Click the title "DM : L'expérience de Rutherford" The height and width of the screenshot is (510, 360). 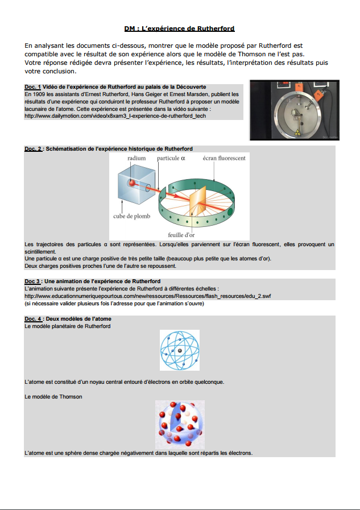pyautogui.click(x=179, y=28)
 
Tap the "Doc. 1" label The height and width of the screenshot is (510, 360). pyautogui.click(x=32, y=87)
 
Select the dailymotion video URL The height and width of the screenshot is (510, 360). pyautogui.click(x=115, y=116)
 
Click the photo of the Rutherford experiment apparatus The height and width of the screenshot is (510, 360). pyautogui.click(x=294, y=110)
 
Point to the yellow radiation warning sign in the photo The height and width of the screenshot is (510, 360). pyautogui.click(x=297, y=132)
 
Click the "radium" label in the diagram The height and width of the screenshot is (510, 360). pyautogui.click(x=136, y=158)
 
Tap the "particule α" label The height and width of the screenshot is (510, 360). pyautogui.click(x=171, y=158)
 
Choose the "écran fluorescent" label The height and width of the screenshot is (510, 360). pyautogui.click(x=224, y=158)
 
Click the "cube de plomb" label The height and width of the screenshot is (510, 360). pyautogui.click(x=132, y=216)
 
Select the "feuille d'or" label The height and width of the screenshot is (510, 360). pyautogui.click(x=181, y=235)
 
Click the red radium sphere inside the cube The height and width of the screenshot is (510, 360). pyautogui.click(x=132, y=183)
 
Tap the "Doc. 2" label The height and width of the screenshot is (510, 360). pyautogui.click(x=33, y=148)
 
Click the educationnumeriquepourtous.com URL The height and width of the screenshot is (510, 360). pyautogui.click(x=148, y=296)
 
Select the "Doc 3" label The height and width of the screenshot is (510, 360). pyautogui.click(x=32, y=281)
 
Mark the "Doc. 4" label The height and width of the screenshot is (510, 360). pyautogui.click(x=33, y=319)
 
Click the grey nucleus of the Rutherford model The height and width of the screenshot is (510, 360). pyautogui.click(x=180, y=351)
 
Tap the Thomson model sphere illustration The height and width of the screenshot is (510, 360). pyautogui.click(x=180, y=425)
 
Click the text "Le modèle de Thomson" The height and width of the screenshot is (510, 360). pyautogui.click(x=53, y=396)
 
